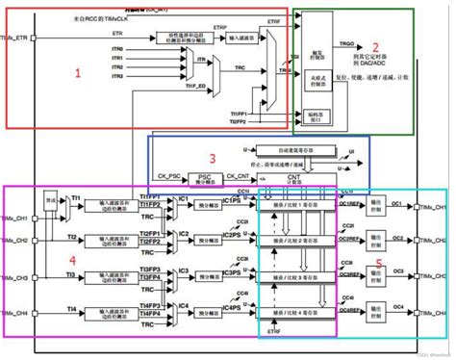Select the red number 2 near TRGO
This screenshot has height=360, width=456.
click(x=376, y=45)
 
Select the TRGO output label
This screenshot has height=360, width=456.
click(x=347, y=44)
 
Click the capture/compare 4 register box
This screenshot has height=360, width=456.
click(x=293, y=310)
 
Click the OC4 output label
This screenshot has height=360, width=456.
click(x=397, y=307)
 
